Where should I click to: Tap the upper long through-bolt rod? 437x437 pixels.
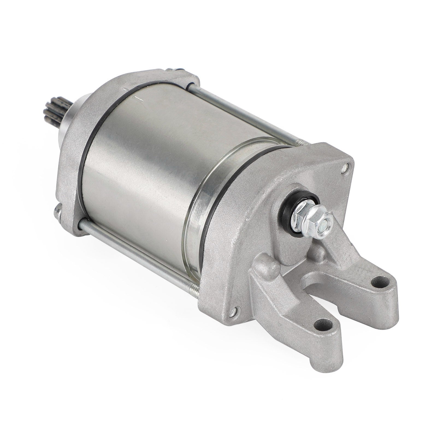point(246,115)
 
